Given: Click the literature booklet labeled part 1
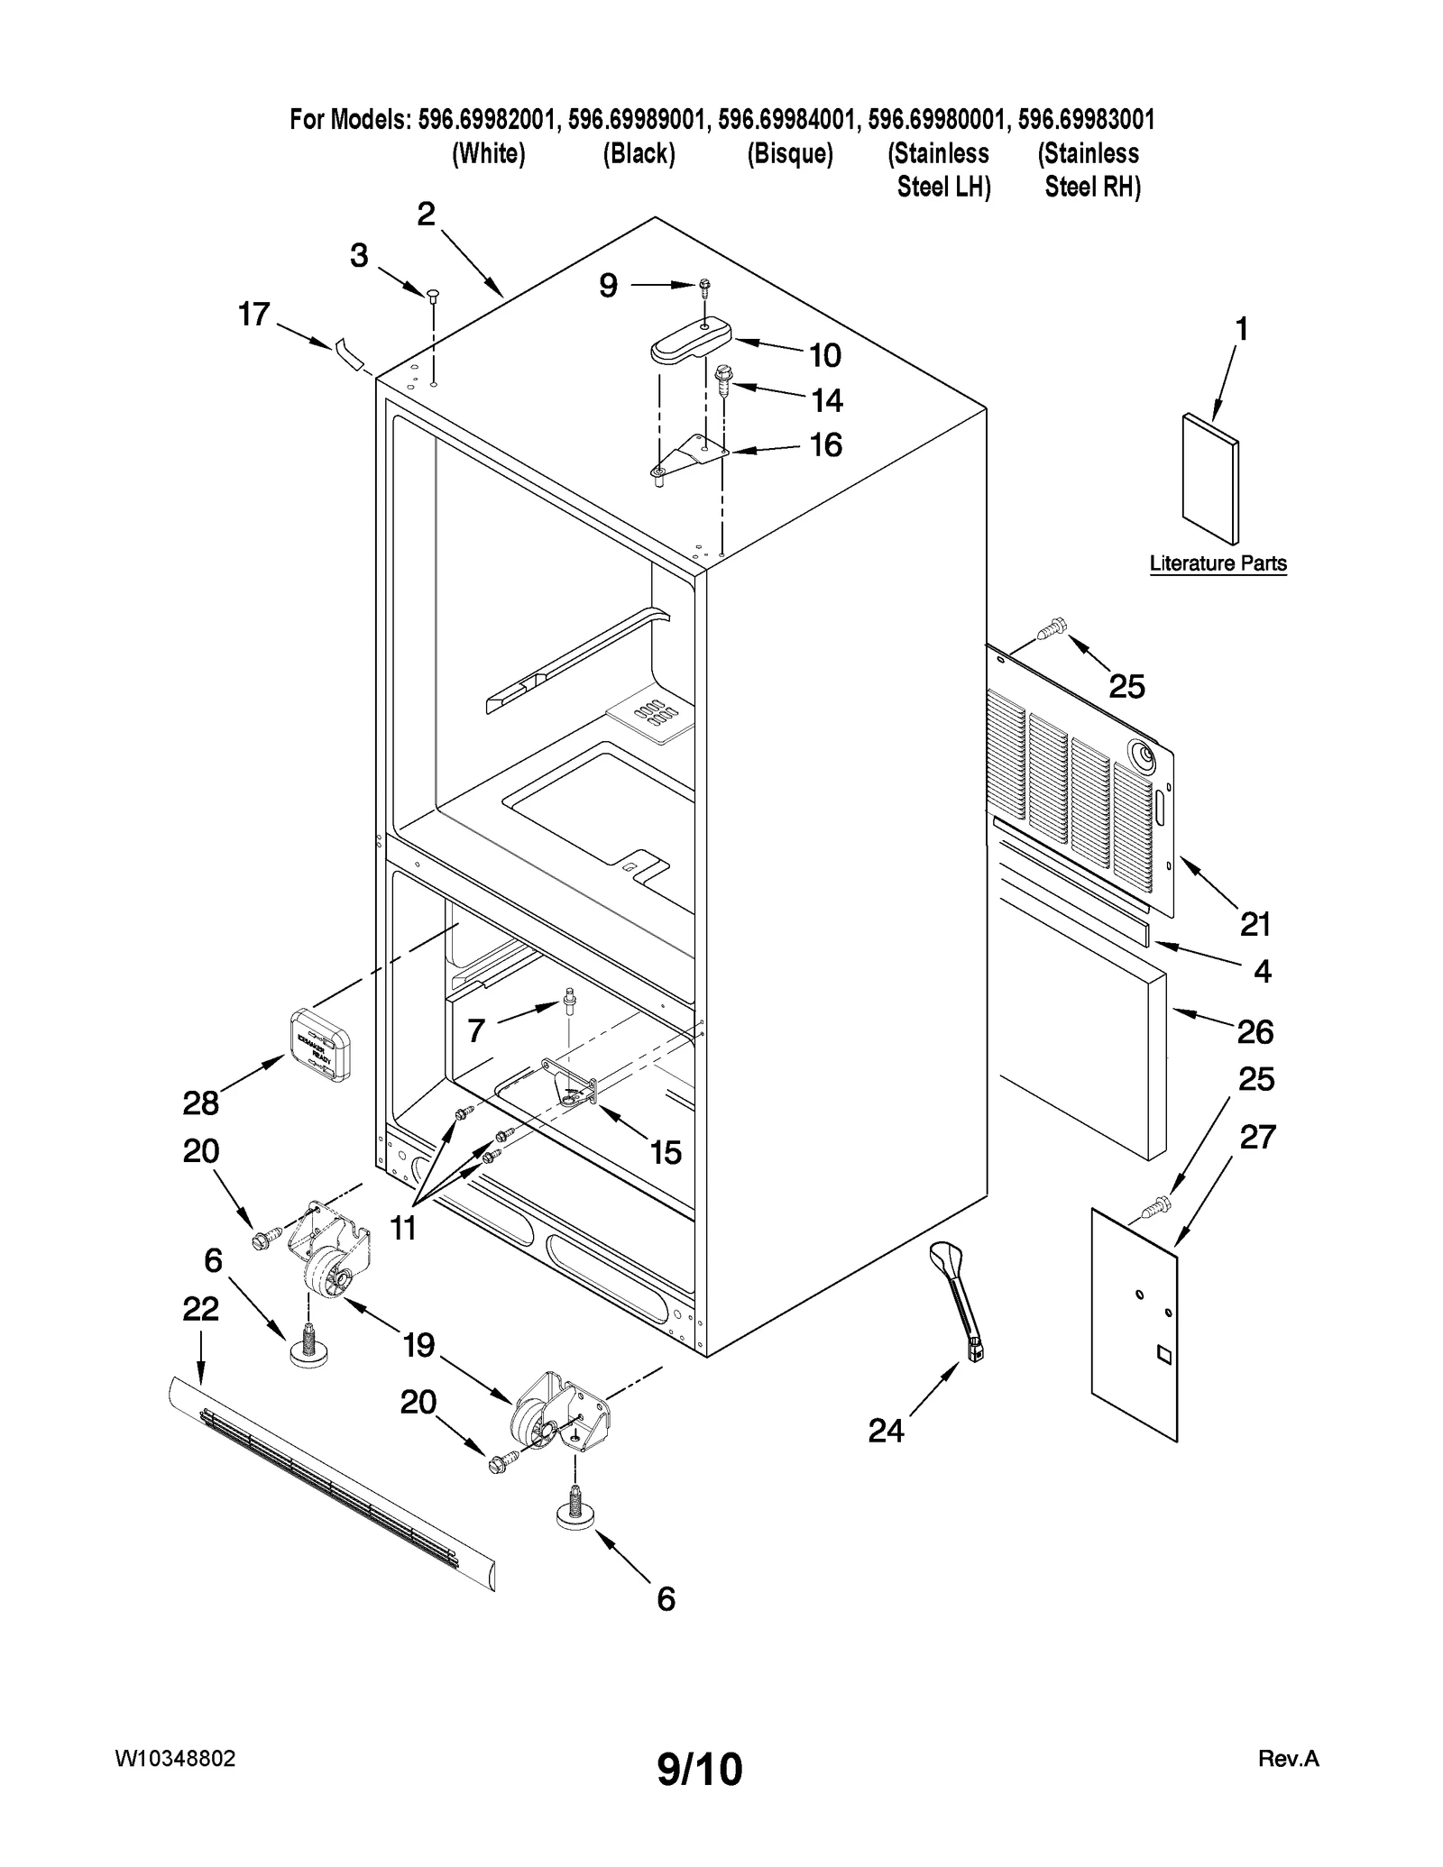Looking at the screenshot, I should (1209, 480).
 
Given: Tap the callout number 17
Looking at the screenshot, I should (254, 315).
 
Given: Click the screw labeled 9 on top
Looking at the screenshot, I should (704, 287).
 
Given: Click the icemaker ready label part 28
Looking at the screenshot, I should (318, 1044).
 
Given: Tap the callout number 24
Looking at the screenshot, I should (886, 1431).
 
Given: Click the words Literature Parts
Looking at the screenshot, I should (1218, 563).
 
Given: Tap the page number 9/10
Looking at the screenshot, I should (699, 1769).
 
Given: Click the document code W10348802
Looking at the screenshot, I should (176, 1759).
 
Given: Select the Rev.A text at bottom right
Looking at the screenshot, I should (1288, 1759).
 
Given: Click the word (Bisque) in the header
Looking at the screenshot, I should (789, 154).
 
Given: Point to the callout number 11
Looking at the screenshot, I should (403, 1227).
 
